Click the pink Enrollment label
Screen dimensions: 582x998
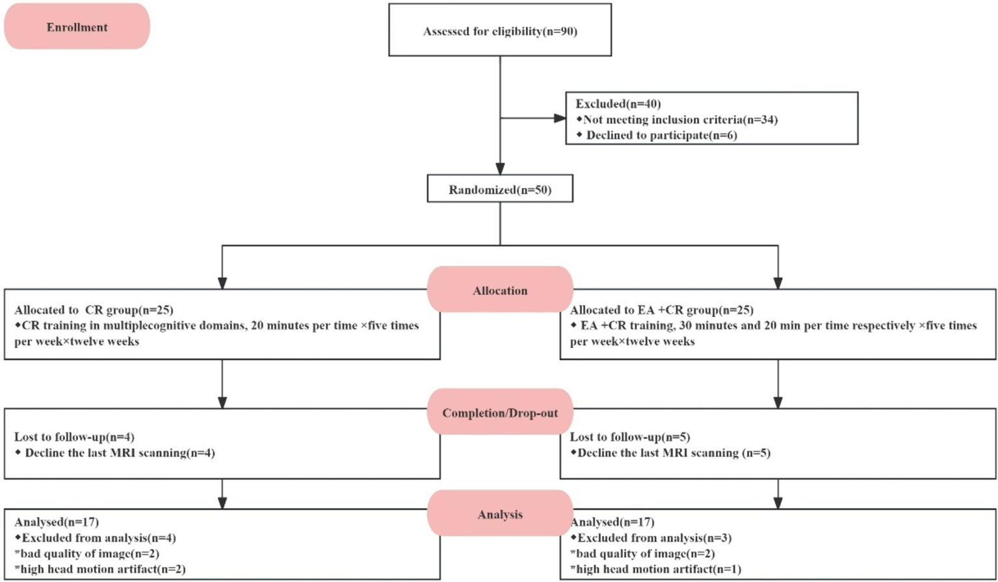[x=77, y=27]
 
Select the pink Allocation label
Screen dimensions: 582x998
[x=499, y=290]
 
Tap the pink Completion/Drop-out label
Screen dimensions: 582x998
[x=499, y=413]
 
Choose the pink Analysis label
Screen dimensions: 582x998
[x=499, y=514]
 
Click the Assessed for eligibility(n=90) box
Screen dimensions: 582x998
[x=499, y=31]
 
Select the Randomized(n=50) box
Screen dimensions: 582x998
[x=499, y=190]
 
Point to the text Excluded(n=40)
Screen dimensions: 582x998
[x=618, y=104]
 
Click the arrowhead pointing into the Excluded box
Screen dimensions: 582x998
[x=559, y=118]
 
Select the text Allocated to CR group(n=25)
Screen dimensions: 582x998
[x=94, y=310]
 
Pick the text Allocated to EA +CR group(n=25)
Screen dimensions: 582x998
[x=661, y=310]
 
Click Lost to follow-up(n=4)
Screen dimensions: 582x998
[x=74, y=437]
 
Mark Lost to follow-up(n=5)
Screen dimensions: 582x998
[x=630, y=437]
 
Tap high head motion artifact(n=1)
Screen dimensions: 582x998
[x=655, y=569]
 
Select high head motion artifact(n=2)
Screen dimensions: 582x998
[x=99, y=569]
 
